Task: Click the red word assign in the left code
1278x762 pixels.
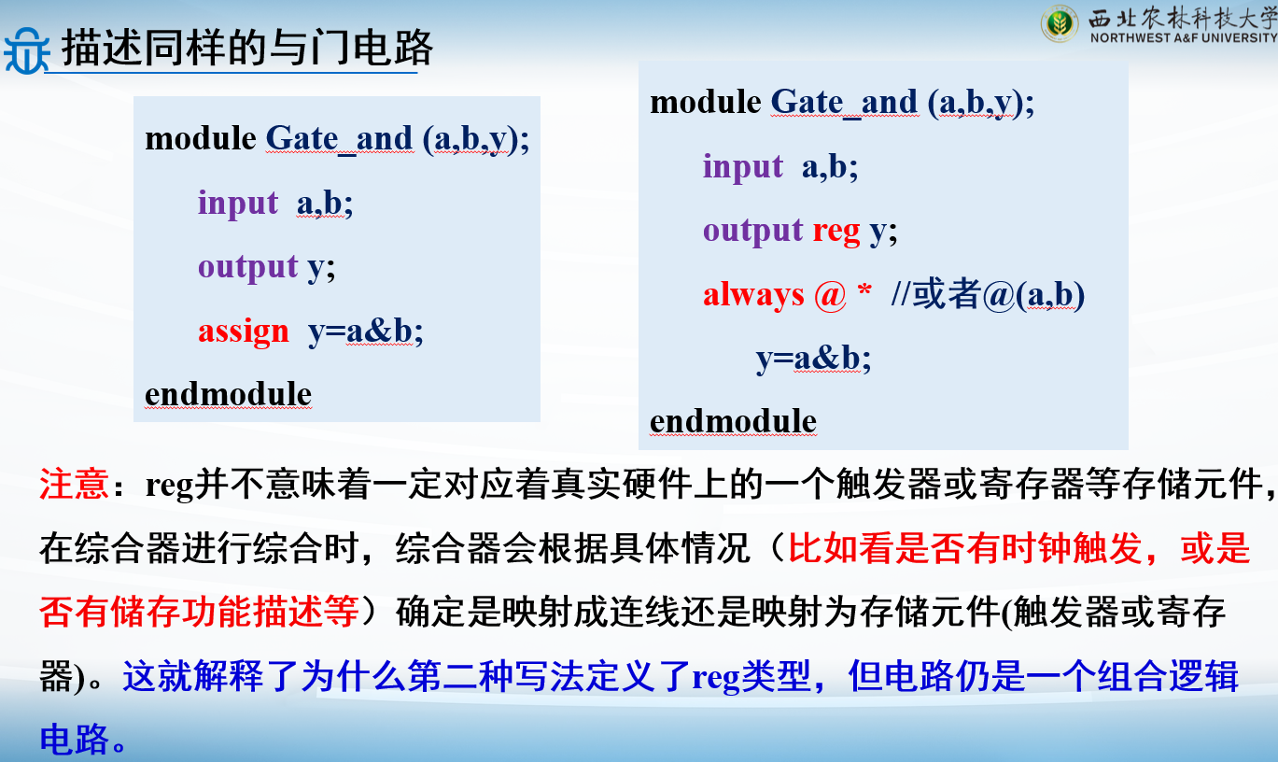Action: coord(244,332)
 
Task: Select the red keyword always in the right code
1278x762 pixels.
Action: coord(753,295)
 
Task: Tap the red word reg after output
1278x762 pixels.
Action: coord(836,233)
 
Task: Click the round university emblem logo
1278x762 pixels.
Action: coord(1060,24)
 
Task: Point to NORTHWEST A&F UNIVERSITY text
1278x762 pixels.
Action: coord(1184,38)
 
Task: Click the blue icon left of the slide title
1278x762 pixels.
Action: coord(26,50)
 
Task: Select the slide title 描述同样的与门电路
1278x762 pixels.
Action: coord(247,48)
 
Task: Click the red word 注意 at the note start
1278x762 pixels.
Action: coord(74,484)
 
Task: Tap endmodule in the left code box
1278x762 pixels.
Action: coord(228,394)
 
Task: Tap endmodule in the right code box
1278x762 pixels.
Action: coord(733,421)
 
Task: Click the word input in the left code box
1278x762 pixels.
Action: coord(237,204)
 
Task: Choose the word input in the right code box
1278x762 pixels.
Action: coord(742,167)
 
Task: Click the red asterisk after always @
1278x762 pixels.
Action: coord(864,289)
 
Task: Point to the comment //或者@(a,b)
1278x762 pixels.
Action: coord(988,295)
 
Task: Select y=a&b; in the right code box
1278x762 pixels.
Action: coord(814,360)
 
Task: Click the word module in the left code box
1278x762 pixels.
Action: coord(201,139)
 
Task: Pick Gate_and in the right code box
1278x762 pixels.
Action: coord(844,104)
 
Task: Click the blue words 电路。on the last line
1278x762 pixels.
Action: coord(83,739)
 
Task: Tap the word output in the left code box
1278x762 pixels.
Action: coord(247,267)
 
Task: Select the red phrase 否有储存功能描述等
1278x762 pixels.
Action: coord(199,612)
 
